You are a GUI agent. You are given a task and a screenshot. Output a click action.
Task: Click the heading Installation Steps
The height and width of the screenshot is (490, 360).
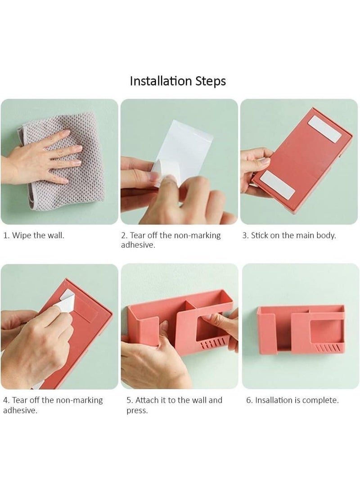click(178, 81)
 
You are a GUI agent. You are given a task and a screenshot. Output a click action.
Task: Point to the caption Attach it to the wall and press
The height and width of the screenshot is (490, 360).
click(174, 405)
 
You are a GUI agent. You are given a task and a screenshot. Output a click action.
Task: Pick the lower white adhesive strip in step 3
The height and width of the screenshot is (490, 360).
click(278, 185)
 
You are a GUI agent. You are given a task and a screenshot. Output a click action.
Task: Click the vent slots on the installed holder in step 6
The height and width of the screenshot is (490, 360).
click(328, 347)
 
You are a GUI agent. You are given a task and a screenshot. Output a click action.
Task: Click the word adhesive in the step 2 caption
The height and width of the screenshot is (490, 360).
click(138, 245)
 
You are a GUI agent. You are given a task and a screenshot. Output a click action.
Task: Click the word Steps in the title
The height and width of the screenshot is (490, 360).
click(211, 81)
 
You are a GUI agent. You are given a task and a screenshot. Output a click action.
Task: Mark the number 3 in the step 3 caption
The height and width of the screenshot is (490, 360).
click(245, 236)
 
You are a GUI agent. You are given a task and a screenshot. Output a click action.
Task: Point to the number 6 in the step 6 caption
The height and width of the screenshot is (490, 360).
click(249, 400)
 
